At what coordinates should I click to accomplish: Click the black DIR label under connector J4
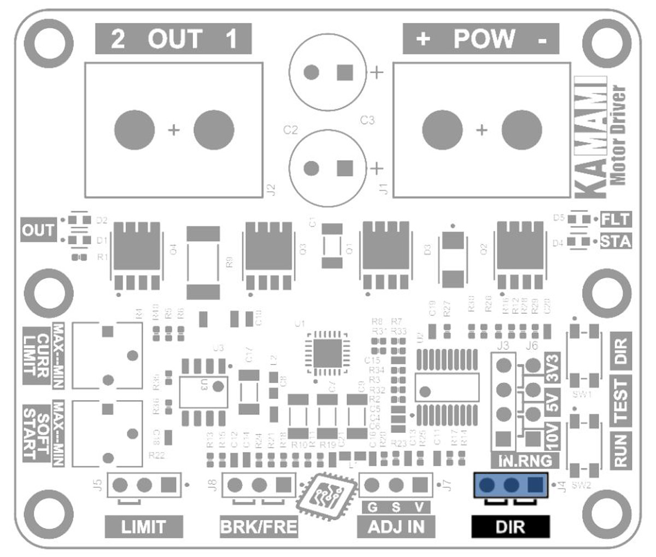pos(510,527)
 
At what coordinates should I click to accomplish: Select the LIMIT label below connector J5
pos(143,527)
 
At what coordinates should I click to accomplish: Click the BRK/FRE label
pos(259,527)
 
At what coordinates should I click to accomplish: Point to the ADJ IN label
pos(396,527)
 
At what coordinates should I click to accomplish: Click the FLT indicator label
pos(616,220)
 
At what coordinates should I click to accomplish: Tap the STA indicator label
pos(616,241)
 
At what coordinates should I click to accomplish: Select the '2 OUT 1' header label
pos(173,39)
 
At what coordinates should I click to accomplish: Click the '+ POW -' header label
pos(481,39)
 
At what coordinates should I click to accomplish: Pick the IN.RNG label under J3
pos(525,460)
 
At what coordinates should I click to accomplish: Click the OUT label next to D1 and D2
pos(38,231)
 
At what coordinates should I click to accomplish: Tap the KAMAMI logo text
pos(591,137)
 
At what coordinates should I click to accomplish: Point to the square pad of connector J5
pos(169,484)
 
